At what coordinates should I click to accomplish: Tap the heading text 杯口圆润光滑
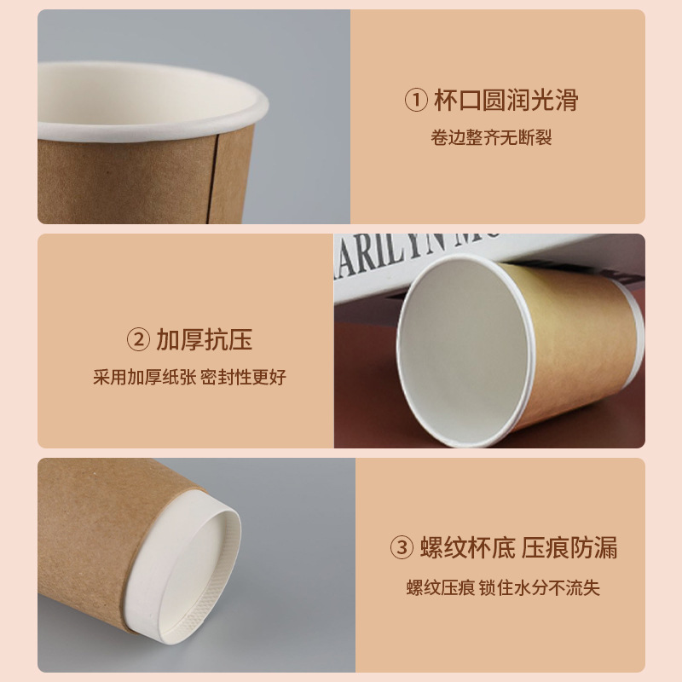[506, 101]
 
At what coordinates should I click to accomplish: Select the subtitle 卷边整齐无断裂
[492, 137]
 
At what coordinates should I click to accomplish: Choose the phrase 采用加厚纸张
[144, 377]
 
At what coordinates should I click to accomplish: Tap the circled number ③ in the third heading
[402, 546]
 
